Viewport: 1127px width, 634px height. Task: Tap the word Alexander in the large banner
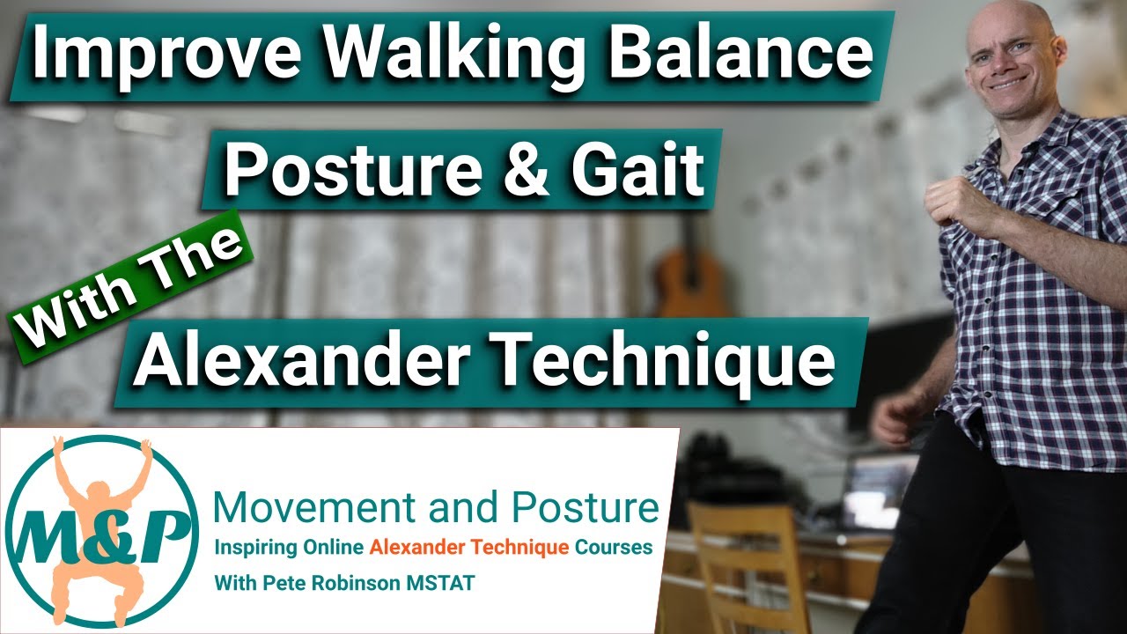[x=300, y=360]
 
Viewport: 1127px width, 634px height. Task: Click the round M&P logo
[x=102, y=528]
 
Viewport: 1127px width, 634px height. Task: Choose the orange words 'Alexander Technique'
[x=469, y=548]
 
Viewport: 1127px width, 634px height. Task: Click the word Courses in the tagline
[x=614, y=548]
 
